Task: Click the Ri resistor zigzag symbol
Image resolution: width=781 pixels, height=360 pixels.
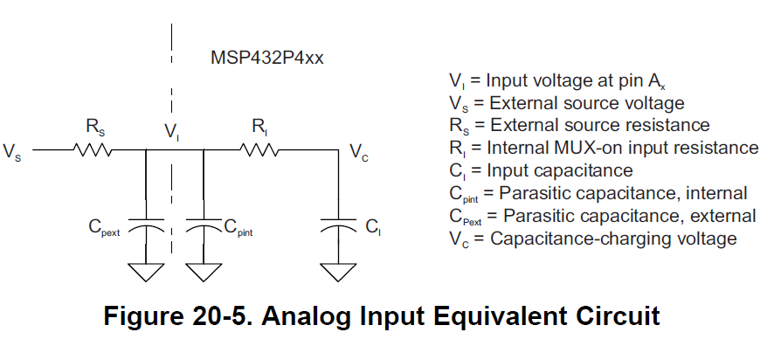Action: tap(260, 150)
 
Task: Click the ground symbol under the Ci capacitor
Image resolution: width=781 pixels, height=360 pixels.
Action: tap(337, 272)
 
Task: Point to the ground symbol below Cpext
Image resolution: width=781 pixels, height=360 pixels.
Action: tap(146, 272)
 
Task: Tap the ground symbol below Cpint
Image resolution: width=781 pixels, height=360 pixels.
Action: tap(203, 272)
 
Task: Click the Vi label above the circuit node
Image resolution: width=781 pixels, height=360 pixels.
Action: tap(171, 133)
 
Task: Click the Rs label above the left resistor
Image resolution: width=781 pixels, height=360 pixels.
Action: tap(95, 128)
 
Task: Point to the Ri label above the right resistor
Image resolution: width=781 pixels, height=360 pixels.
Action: tap(259, 128)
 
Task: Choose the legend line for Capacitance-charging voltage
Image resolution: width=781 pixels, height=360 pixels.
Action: tap(592, 238)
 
